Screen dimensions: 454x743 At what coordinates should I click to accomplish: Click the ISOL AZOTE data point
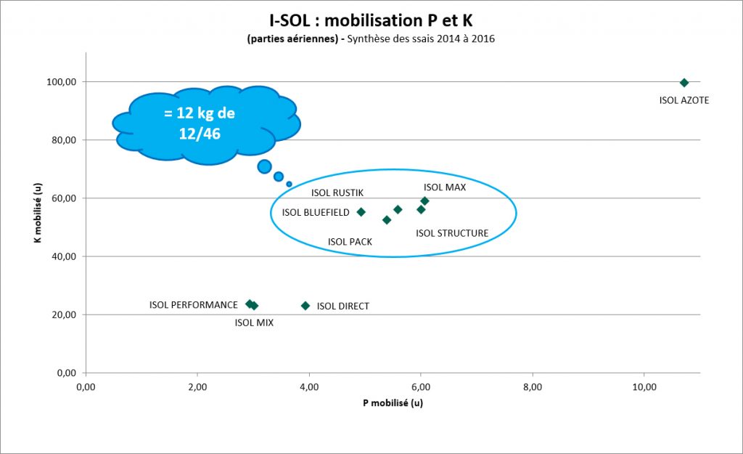tap(684, 83)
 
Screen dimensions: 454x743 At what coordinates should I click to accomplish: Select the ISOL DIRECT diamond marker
tap(305, 306)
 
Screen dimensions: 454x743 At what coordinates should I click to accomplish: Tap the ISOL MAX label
tap(445, 187)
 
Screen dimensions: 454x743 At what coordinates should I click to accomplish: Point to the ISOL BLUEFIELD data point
tap(361, 212)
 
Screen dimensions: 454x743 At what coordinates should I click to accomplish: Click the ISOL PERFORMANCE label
tap(193, 305)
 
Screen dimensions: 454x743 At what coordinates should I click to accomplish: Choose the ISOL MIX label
tap(254, 323)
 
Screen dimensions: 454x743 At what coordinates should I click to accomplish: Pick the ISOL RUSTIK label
tap(337, 192)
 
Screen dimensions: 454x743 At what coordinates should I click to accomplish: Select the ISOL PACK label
tap(350, 242)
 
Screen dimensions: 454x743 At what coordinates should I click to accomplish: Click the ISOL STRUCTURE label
tap(451, 233)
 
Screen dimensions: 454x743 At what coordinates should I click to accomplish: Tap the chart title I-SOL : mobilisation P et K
tap(371, 21)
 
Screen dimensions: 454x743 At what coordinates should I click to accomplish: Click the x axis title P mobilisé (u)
tap(393, 404)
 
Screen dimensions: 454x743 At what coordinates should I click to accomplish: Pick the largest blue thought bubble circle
tap(264, 166)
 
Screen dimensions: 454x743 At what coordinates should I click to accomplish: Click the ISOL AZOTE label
tap(684, 100)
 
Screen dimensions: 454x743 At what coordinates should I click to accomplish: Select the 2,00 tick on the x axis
tap(197, 388)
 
